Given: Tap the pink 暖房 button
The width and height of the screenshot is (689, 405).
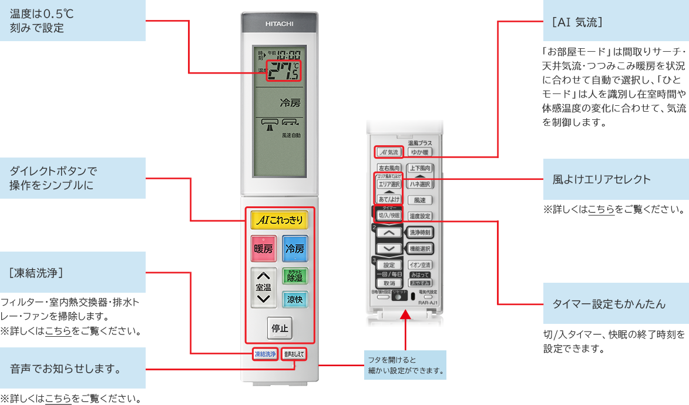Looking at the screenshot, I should [x=263, y=249].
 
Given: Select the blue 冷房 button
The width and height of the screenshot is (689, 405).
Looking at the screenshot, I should [x=295, y=249].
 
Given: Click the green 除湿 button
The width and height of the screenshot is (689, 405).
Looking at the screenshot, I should [x=295, y=276].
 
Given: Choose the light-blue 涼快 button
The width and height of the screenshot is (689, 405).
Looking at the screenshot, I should [x=295, y=299].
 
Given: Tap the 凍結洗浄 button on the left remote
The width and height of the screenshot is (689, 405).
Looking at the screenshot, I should [x=265, y=354].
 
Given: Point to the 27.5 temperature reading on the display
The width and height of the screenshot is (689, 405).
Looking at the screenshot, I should [x=283, y=70].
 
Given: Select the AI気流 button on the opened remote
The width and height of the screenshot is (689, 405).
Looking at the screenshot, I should [x=389, y=152].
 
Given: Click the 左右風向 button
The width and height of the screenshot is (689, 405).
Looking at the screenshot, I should [x=389, y=168].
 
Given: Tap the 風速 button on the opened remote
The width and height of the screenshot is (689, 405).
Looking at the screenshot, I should [x=420, y=200].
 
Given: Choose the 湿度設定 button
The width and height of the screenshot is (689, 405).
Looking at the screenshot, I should [x=420, y=216].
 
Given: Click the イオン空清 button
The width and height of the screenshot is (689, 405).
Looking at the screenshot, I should [x=420, y=265].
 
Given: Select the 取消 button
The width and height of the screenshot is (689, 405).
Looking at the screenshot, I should [x=389, y=283].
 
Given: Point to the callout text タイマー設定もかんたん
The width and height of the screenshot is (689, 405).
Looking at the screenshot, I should [x=609, y=304].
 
